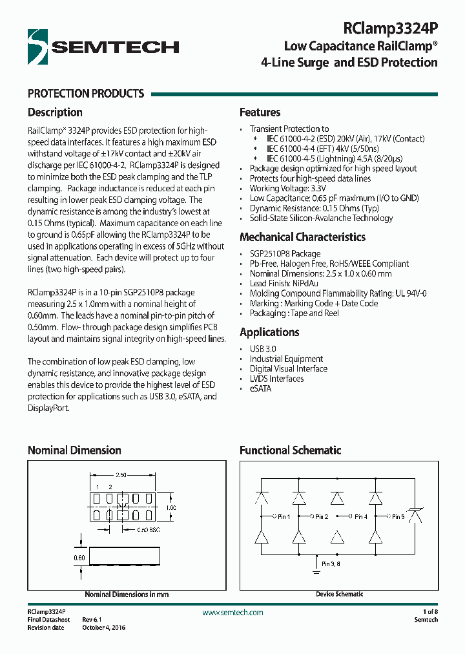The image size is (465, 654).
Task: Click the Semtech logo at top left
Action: [103, 47]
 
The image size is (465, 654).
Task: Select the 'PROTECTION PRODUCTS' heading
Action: [86, 94]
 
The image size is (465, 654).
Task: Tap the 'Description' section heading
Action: [55, 112]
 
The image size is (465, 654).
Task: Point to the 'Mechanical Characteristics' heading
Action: [302, 237]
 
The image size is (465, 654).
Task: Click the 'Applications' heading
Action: [269, 332]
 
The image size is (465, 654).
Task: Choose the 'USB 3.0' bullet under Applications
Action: [263, 349]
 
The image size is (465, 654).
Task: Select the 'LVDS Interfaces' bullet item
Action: [276, 379]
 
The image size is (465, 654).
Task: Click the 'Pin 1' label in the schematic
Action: [283, 517]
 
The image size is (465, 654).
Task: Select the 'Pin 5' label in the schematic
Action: [398, 517]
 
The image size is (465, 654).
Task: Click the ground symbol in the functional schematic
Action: [316, 570]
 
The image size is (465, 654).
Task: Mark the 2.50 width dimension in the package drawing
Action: [121, 475]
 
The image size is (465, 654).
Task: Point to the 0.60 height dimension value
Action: [79, 557]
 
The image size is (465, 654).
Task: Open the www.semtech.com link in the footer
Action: [232, 613]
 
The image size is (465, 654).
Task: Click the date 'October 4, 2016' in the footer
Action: [103, 628]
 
